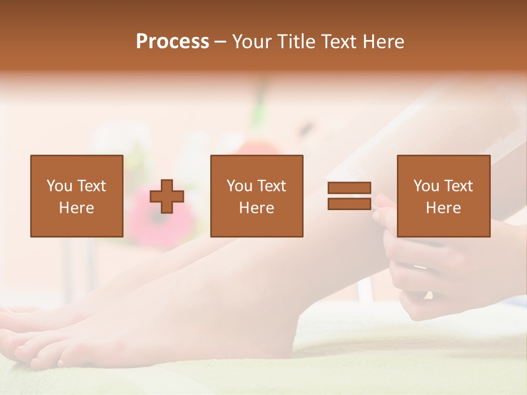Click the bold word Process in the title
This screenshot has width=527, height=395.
(172, 42)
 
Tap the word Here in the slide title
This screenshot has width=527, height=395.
(384, 42)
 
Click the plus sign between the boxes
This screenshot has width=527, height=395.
(167, 196)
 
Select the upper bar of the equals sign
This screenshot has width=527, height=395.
(349, 188)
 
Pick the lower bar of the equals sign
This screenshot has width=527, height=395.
(349, 204)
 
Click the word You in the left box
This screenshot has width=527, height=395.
(59, 186)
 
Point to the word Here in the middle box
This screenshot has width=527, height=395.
(256, 208)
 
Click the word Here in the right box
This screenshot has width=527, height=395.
(443, 208)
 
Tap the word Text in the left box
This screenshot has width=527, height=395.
(92, 186)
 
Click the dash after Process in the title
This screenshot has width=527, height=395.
(220, 42)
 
